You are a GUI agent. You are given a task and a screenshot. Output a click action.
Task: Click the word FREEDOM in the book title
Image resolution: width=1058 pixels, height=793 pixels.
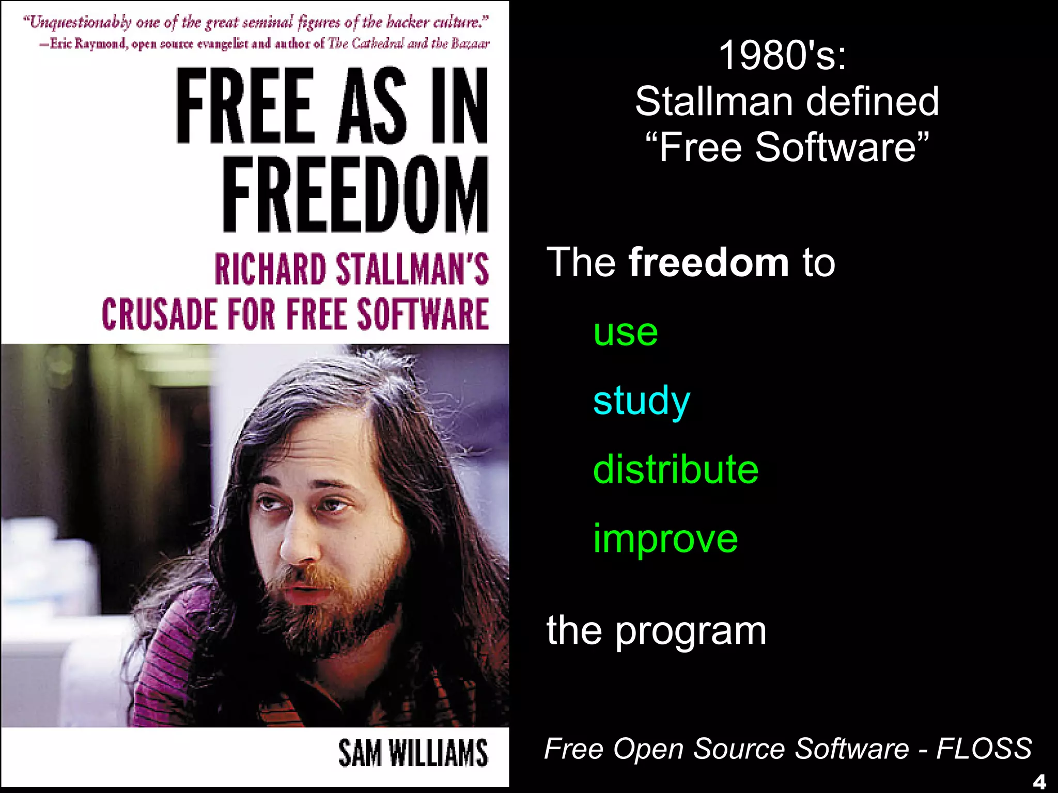355,195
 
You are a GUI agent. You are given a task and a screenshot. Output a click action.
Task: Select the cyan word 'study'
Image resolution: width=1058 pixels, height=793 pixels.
642,401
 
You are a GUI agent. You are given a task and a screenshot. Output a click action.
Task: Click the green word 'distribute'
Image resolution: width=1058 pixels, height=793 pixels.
676,469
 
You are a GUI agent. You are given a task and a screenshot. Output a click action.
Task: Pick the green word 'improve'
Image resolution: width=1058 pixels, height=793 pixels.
665,539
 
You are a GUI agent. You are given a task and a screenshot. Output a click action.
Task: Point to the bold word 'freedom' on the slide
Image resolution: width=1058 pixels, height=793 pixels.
708,262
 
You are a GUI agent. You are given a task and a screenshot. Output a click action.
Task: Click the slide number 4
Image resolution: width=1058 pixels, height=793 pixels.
1039,782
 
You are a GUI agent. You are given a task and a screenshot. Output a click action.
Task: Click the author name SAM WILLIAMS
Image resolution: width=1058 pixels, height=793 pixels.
413,753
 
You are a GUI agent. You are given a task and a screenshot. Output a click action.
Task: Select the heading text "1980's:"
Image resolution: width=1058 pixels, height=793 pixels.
783,55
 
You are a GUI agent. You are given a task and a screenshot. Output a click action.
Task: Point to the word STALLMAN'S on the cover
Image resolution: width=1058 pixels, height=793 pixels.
412,269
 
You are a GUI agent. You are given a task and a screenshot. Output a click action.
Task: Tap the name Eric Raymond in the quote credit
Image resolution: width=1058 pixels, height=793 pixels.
88,43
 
